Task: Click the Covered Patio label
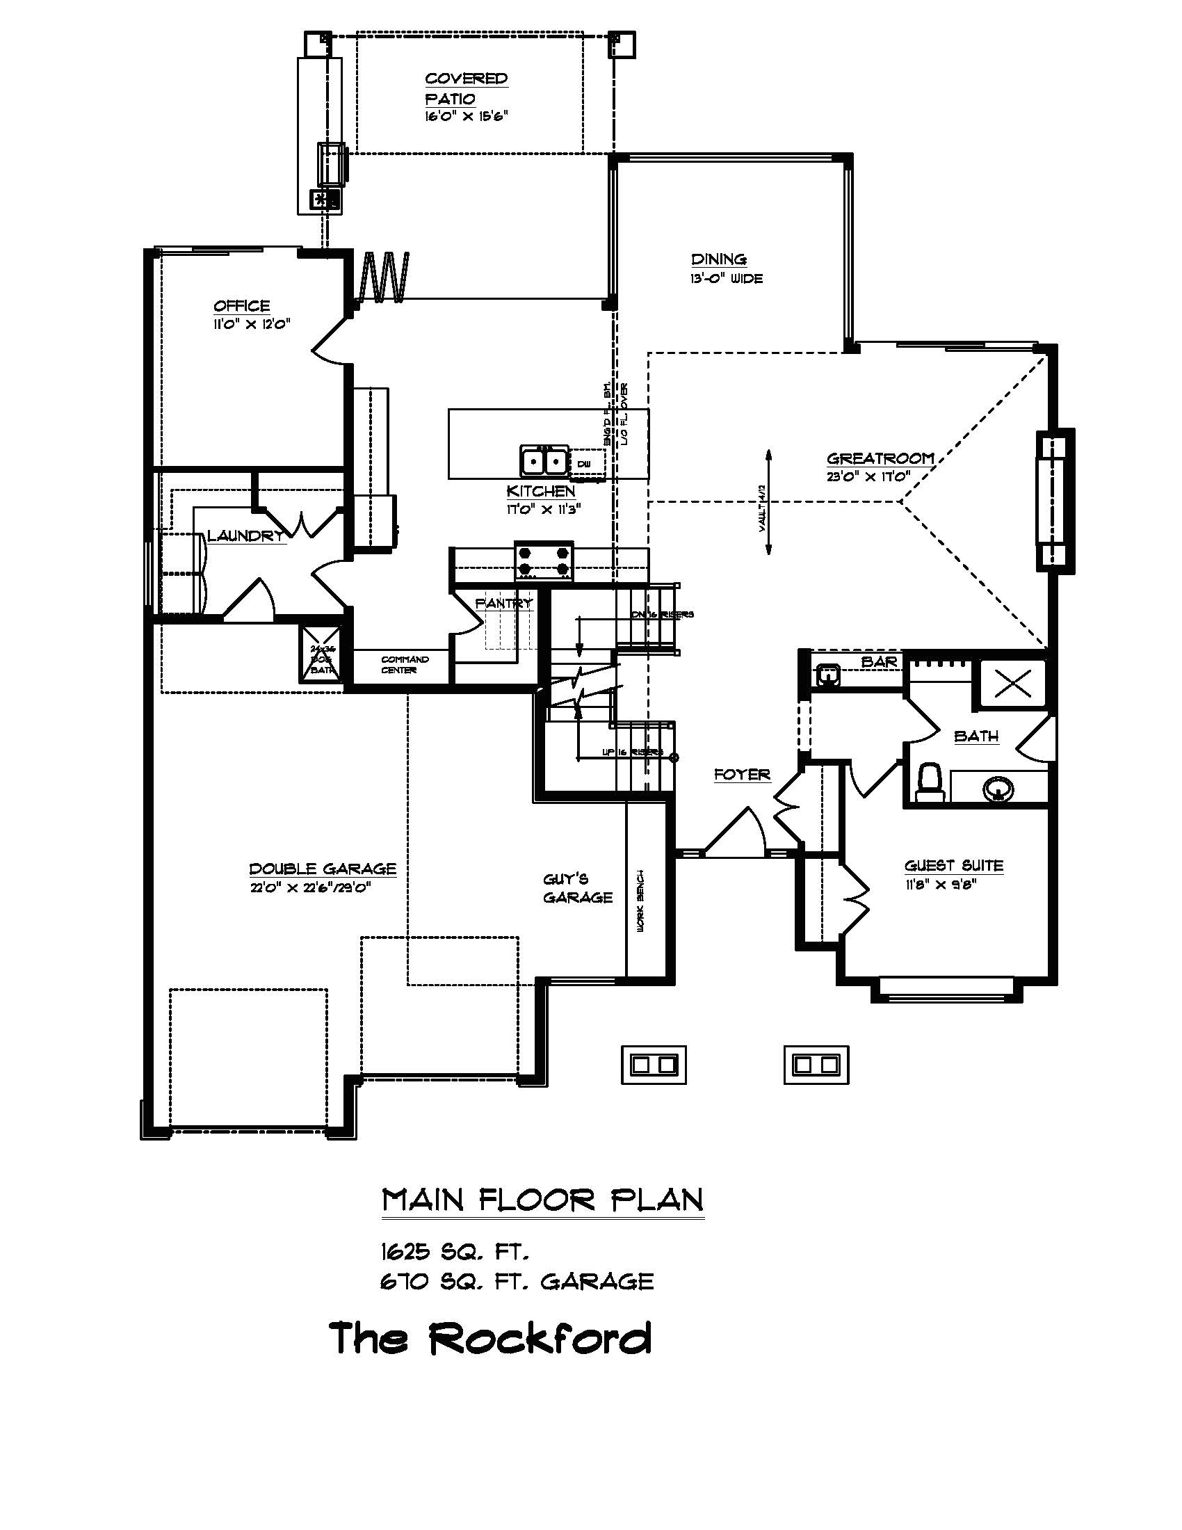tap(466, 88)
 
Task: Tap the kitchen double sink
tap(543, 462)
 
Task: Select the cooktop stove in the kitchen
tap(544, 561)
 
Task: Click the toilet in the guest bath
tap(930, 783)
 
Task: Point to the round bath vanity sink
tap(997, 789)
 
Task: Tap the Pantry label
tap(503, 603)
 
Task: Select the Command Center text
tap(405, 665)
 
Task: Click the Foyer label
tap(743, 775)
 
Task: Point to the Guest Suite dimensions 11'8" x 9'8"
tap(940, 884)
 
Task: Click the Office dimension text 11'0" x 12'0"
tap(252, 324)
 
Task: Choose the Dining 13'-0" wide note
tap(727, 279)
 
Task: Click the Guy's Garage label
tap(578, 888)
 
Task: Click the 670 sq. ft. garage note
tap(517, 1281)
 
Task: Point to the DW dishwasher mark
tap(585, 464)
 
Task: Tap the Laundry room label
tap(245, 537)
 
